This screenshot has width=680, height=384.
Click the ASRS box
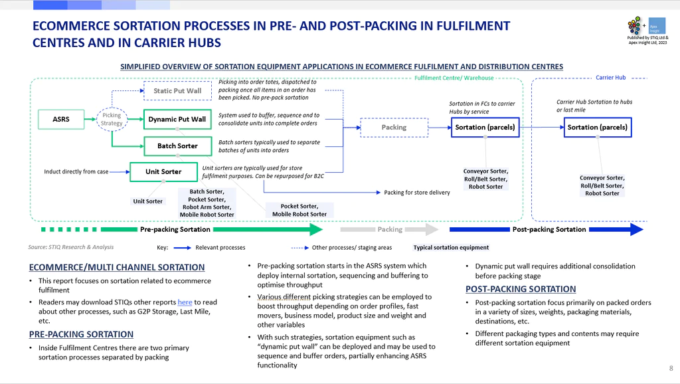click(x=61, y=120)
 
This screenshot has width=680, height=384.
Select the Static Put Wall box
click(x=177, y=90)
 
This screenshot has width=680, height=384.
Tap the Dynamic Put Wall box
click(x=177, y=120)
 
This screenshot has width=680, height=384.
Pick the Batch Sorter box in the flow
click(x=177, y=145)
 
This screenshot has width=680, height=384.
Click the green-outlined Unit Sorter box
click(x=163, y=172)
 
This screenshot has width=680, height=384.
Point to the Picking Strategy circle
click(x=112, y=120)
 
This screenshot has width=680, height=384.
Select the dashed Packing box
click(x=394, y=128)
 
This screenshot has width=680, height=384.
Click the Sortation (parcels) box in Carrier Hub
click(x=598, y=128)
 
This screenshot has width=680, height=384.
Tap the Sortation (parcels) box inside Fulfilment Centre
click(x=485, y=128)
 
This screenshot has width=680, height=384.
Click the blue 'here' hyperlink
click(x=185, y=302)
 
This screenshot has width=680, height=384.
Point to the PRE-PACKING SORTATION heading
click(x=81, y=335)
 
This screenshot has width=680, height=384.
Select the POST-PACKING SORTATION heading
click(x=521, y=290)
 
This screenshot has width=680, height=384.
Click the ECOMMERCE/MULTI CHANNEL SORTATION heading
click(x=117, y=267)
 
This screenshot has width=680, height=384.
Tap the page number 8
click(x=671, y=368)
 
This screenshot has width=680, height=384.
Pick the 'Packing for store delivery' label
click(x=417, y=193)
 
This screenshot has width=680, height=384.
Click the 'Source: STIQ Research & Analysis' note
click(x=70, y=247)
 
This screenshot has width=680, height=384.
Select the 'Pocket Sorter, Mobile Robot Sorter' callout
click(x=299, y=210)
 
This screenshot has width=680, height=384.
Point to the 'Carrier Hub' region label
click(x=611, y=78)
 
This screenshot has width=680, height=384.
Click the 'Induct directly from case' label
click(x=76, y=172)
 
